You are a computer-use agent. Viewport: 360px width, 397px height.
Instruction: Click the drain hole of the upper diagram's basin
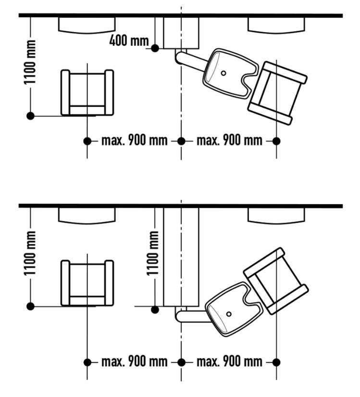(x=224, y=73)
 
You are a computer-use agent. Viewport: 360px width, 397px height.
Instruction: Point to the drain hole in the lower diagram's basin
(x=229, y=314)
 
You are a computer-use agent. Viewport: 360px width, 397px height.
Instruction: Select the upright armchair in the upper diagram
(x=87, y=93)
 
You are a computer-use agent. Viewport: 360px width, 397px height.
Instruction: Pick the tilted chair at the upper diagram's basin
(x=277, y=93)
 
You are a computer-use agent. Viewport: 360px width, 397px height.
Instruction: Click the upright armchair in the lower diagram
(x=87, y=283)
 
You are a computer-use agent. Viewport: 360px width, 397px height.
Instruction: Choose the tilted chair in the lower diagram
(x=276, y=281)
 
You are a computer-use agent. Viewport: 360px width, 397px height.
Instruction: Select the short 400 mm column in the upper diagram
(x=181, y=33)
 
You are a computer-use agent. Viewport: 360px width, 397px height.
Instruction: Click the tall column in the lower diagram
(x=181, y=257)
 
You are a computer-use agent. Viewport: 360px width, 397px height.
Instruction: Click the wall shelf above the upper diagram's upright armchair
(x=87, y=24)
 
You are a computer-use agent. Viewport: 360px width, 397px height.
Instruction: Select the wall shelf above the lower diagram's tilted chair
(x=277, y=216)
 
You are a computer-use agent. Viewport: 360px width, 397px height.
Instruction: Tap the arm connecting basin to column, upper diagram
(x=192, y=60)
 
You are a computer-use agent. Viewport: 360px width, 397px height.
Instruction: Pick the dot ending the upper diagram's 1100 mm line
(x=30, y=116)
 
